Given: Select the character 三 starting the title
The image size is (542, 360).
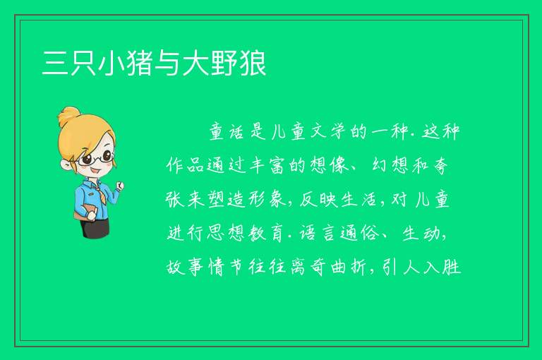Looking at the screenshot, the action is [x=54, y=63].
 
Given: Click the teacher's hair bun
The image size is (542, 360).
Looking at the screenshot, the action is [x=68, y=117].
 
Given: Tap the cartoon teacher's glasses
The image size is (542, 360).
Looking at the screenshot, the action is [x=96, y=158].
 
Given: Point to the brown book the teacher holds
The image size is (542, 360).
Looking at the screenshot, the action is [x=83, y=212].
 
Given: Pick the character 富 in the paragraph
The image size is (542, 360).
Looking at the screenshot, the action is [x=277, y=165].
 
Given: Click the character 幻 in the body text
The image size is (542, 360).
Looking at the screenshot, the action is [x=380, y=165].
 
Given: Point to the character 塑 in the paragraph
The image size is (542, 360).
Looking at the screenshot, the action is [x=217, y=199].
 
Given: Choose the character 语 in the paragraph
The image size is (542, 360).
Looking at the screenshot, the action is [x=308, y=233].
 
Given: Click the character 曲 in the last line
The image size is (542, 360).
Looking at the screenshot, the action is [x=339, y=267].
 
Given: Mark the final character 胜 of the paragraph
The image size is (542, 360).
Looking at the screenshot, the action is [x=452, y=267].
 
